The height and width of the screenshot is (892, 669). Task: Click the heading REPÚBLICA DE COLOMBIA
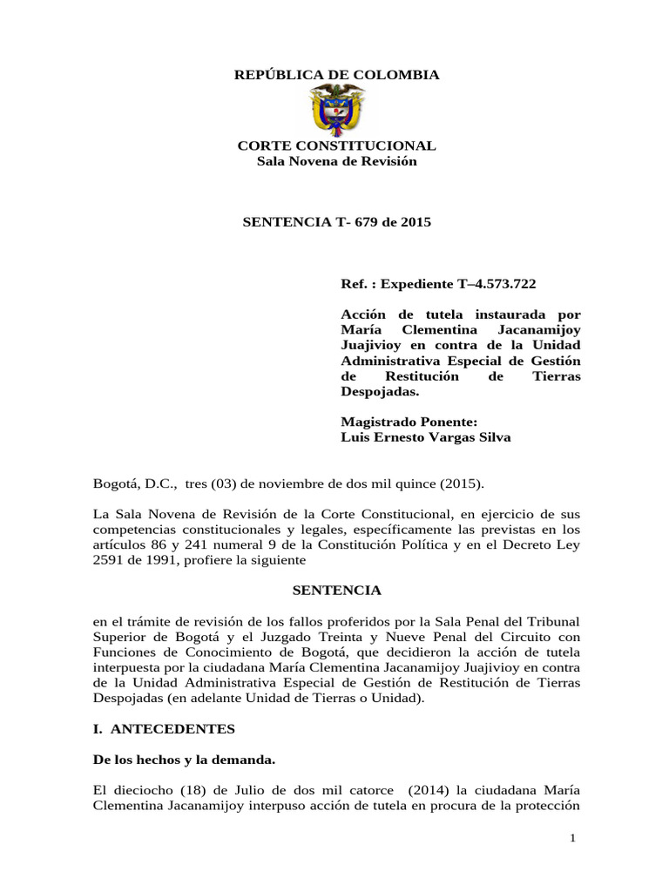(337, 76)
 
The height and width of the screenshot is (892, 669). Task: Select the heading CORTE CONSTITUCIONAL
(337, 146)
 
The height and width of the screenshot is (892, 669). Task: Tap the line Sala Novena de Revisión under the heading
(337, 161)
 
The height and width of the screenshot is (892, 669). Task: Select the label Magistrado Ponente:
(397, 422)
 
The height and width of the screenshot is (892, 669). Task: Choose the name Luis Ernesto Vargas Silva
(425, 437)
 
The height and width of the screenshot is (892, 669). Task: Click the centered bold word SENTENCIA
(335, 590)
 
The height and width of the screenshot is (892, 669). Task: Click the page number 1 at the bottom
(573, 837)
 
